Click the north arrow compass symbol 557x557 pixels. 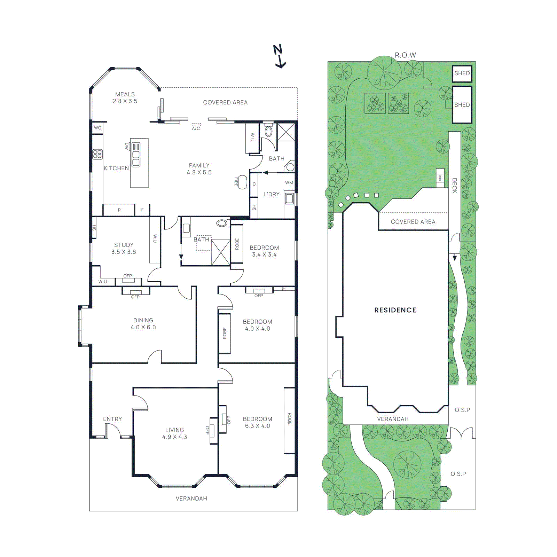[x=279, y=56]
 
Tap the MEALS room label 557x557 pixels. [x=125, y=94]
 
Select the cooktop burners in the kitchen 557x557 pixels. [x=97, y=154]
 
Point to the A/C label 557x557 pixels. [x=196, y=128]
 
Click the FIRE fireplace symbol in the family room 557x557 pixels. [x=243, y=182]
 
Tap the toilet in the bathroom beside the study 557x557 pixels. [x=221, y=223]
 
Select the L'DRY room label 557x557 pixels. [x=271, y=194]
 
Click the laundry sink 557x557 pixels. [x=289, y=199]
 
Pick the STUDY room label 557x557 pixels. [x=124, y=245]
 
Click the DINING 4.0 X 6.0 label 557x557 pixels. [x=143, y=324]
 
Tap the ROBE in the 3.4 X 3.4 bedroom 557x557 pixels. [x=237, y=244]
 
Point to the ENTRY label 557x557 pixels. [x=112, y=419]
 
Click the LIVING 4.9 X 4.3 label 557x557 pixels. [x=174, y=433]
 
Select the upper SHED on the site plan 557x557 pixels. [x=462, y=73]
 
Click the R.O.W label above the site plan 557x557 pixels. [x=405, y=55]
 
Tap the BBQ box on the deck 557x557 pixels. [x=440, y=178]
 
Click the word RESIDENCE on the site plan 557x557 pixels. [x=395, y=310]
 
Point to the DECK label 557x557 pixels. [x=454, y=186]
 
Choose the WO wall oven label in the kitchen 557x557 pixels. [x=97, y=128]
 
